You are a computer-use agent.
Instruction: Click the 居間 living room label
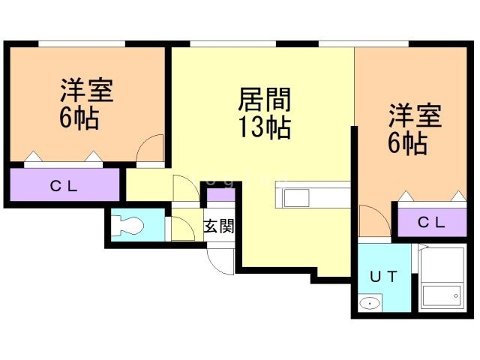(x=264, y=100)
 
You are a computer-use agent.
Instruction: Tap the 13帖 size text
(x=264, y=128)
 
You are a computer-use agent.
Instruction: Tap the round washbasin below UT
(x=369, y=304)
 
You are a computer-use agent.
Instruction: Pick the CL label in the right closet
(x=431, y=222)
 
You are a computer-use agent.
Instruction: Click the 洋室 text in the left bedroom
(x=87, y=91)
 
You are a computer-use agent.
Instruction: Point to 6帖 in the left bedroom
(x=78, y=118)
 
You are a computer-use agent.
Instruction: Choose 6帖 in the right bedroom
(x=407, y=143)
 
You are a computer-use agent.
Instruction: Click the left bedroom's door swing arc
(x=151, y=147)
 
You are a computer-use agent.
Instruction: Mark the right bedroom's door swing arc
(x=371, y=220)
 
